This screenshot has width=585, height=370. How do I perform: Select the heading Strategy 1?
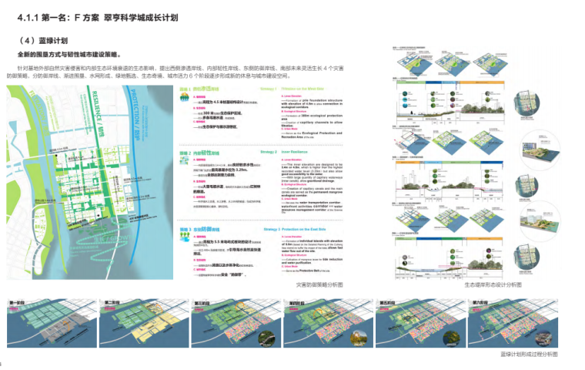pyautogui.click(x=269, y=89)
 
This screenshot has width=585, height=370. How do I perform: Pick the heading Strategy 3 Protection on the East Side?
pyautogui.click(x=296, y=230)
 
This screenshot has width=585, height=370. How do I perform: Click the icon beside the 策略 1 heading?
pyautogui.click(x=183, y=90)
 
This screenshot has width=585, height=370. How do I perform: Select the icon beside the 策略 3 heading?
pyautogui.click(x=183, y=230)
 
